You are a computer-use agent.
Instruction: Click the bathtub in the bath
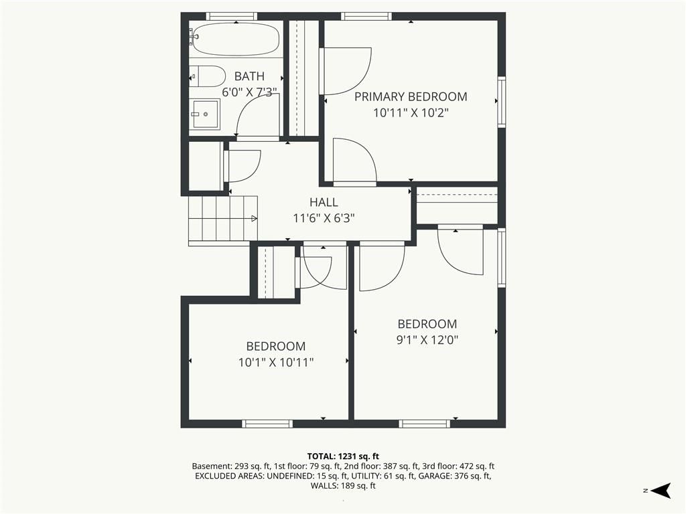point(235,39)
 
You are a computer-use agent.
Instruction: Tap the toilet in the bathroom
point(207,76)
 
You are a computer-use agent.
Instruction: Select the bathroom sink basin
point(204,114)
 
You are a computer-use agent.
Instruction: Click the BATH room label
point(249,76)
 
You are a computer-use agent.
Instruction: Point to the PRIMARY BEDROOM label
point(411,96)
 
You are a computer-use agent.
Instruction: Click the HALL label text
point(324,202)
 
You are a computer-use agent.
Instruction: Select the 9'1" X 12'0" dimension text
point(427,340)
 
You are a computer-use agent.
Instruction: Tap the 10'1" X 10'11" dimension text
point(275,362)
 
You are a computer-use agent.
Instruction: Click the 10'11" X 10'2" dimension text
point(411,112)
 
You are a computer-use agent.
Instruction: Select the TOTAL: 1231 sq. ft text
point(343,456)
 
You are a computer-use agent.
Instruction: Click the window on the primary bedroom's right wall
point(502,102)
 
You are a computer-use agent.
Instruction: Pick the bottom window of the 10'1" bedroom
point(267,424)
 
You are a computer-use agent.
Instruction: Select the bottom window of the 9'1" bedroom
point(424,424)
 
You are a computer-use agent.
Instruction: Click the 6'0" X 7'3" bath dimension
point(249,92)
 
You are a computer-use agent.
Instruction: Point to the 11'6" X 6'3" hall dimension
point(324,218)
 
